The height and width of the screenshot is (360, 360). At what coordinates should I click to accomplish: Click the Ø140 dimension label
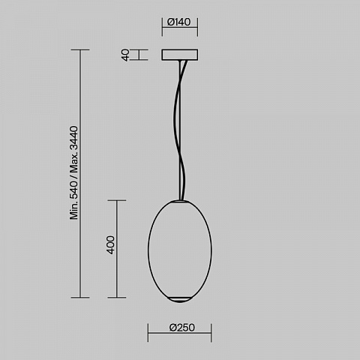179,22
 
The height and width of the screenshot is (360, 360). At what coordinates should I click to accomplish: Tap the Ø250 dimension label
182,328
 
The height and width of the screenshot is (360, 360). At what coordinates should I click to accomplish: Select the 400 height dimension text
111,244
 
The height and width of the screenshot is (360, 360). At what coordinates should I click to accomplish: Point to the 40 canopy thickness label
125,55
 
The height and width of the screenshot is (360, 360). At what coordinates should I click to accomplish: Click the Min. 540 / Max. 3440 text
74,172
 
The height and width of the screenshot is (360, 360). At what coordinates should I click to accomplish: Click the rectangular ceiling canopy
180,55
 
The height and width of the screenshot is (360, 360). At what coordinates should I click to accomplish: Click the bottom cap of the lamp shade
180,299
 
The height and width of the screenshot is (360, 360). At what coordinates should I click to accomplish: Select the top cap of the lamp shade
181,201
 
